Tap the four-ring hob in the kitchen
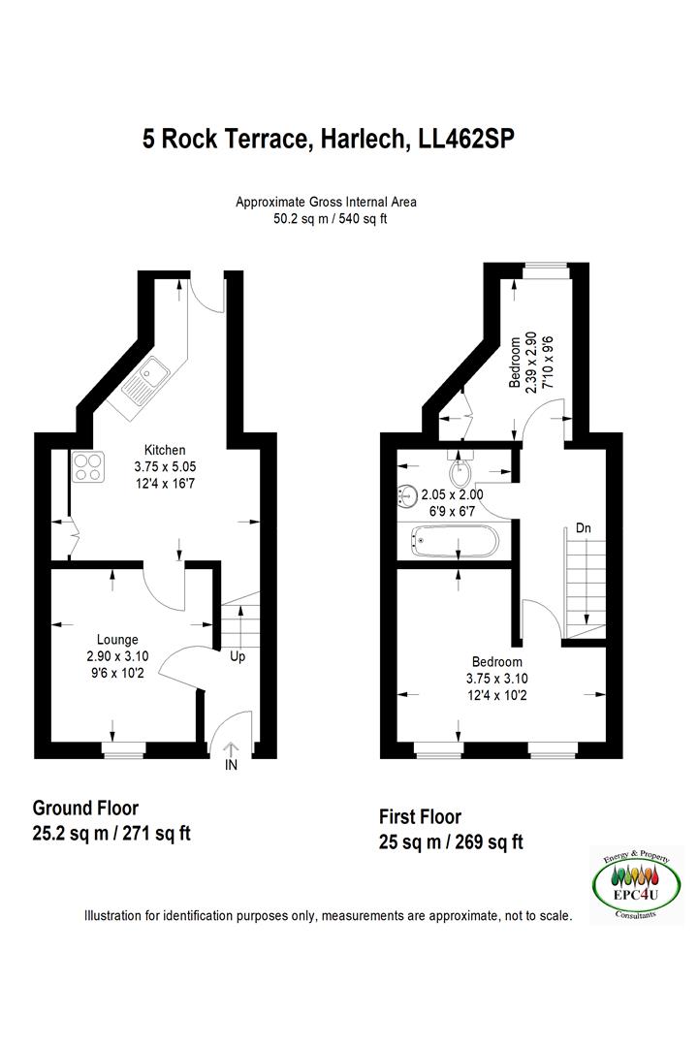(88, 467)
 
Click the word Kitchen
(165, 450)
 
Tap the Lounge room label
(117, 640)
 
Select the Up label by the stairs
(238, 656)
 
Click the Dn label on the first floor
(583, 528)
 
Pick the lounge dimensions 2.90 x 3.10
(117, 656)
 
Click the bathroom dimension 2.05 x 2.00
(452, 494)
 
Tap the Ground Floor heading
(85, 808)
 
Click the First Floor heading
(420, 816)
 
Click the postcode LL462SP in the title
(465, 139)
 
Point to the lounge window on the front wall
(123, 750)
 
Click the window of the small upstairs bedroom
(546, 270)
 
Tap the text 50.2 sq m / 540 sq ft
(330, 218)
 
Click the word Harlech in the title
(363, 139)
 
